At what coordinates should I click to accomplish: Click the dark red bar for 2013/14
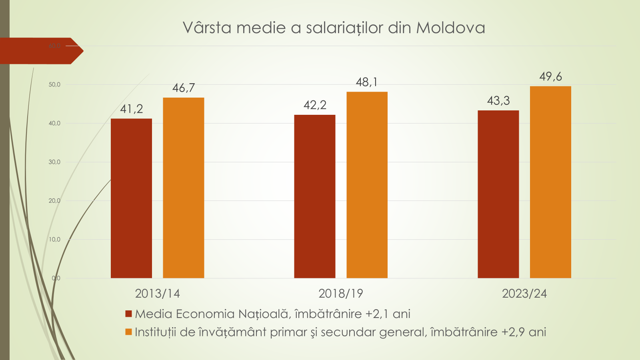click(x=131, y=198)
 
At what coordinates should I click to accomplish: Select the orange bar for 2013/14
click(x=184, y=188)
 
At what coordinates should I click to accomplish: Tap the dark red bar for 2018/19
click(x=315, y=196)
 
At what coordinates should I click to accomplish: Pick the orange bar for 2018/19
click(x=367, y=185)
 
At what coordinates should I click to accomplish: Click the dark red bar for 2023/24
click(x=498, y=194)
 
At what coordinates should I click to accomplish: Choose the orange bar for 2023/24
click(x=550, y=182)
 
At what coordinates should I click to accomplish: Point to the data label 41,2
click(x=131, y=109)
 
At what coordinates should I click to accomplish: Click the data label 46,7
click(x=184, y=88)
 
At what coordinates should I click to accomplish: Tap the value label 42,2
click(x=315, y=105)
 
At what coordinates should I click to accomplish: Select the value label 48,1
click(x=367, y=82)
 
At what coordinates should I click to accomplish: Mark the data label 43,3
click(x=498, y=101)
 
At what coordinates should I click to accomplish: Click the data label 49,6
click(x=550, y=76)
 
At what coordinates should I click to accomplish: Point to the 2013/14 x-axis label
click(x=157, y=294)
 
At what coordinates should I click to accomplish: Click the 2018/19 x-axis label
click(x=341, y=294)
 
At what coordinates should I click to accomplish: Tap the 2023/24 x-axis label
click(x=524, y=294)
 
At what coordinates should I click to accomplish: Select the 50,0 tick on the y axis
click(x=54, y=85)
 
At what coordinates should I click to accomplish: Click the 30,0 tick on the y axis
click(x=54, y=162)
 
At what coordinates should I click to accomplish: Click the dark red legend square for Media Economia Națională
click(x=128, y=314)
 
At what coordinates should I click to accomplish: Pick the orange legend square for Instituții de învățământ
click(x=128, y=332)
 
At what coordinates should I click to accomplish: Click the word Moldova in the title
click(x=450, y=28)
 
